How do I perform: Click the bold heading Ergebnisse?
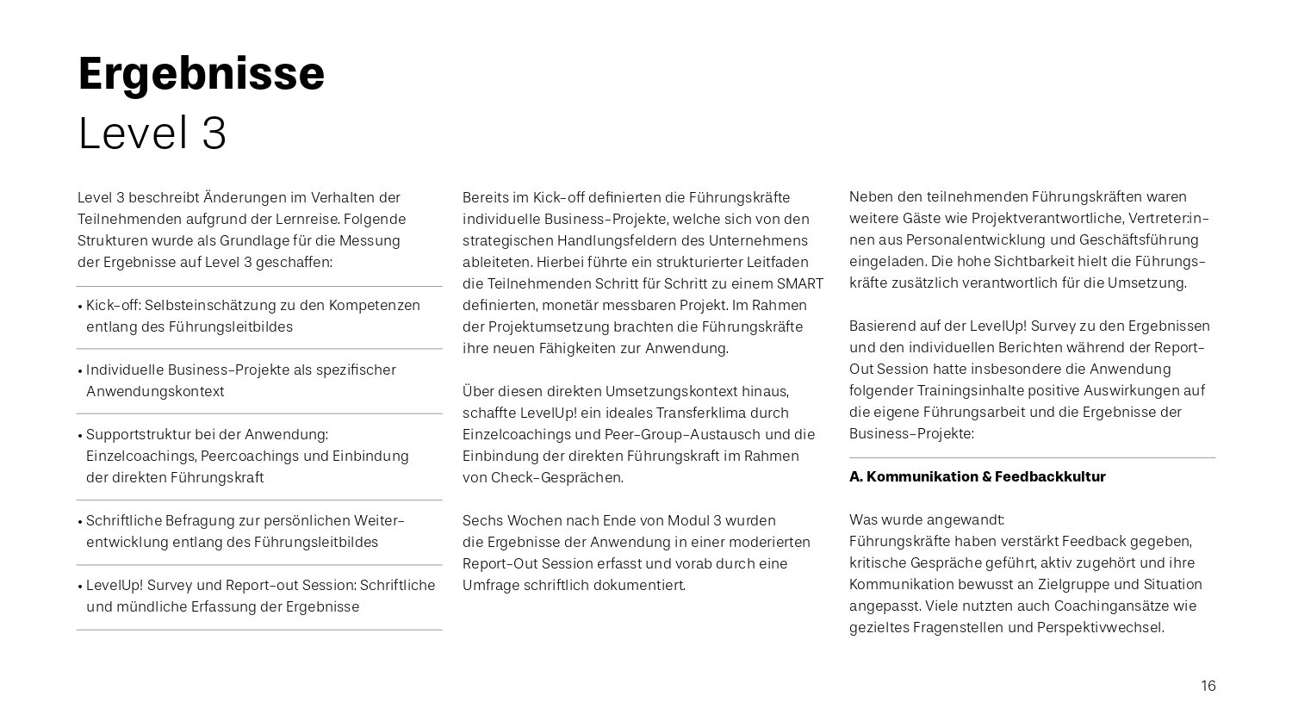[x=201, y=74]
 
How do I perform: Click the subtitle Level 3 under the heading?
[x=152, y=134]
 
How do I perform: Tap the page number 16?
[x=1208, y=686]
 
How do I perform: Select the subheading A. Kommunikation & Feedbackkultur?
[x=977, y=476]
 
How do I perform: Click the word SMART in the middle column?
[x=800, y=283]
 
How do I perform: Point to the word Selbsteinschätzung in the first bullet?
[x=208, y=305]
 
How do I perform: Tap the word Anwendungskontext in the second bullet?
[x=155, y=391]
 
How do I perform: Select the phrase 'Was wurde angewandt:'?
[x=927, y=519]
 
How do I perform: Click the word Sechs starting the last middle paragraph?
[x=481, y=520]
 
